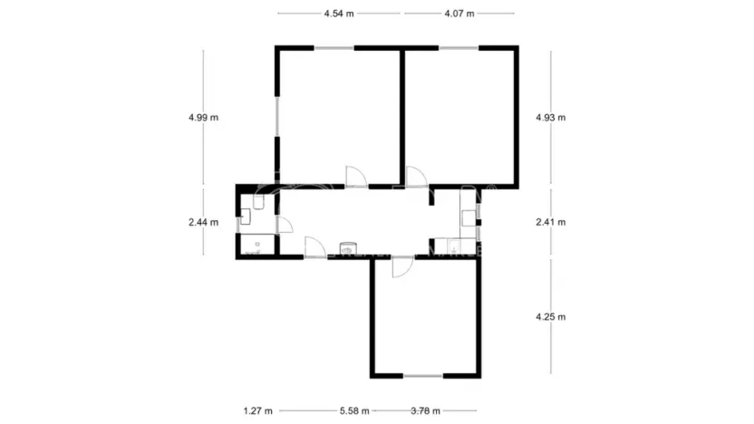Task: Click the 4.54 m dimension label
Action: coord(339,14)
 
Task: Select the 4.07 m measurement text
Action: coord(459,14)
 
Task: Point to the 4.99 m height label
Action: coord(203,117)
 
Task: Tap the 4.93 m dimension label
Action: coord(550,117)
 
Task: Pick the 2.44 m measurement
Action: coord(203,222)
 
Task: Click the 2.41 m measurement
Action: coord(550,222)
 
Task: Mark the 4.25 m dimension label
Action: coord(550,316)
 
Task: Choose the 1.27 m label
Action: coord(257,410)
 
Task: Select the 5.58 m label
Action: coord(354,410)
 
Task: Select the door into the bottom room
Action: coord(400,266)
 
